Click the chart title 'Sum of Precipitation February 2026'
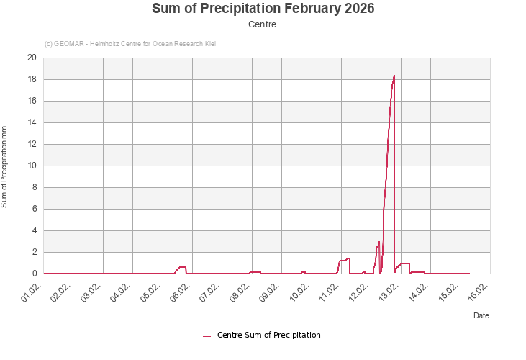point(263,9)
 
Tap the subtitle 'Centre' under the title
point(263,24)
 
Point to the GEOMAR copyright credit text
point(130,44)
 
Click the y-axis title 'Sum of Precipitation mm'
point(4,166)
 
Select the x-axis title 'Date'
point(481,315)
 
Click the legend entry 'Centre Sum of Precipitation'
point(268,335)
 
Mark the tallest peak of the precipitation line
point(394,76)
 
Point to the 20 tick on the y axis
point(32,58)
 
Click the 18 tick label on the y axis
point(32,79)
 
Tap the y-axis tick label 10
point(32,166)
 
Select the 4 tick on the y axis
point(34,230)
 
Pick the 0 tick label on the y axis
point(34,274)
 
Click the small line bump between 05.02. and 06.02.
point(182,267)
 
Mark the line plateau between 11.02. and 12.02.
point(343,260)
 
